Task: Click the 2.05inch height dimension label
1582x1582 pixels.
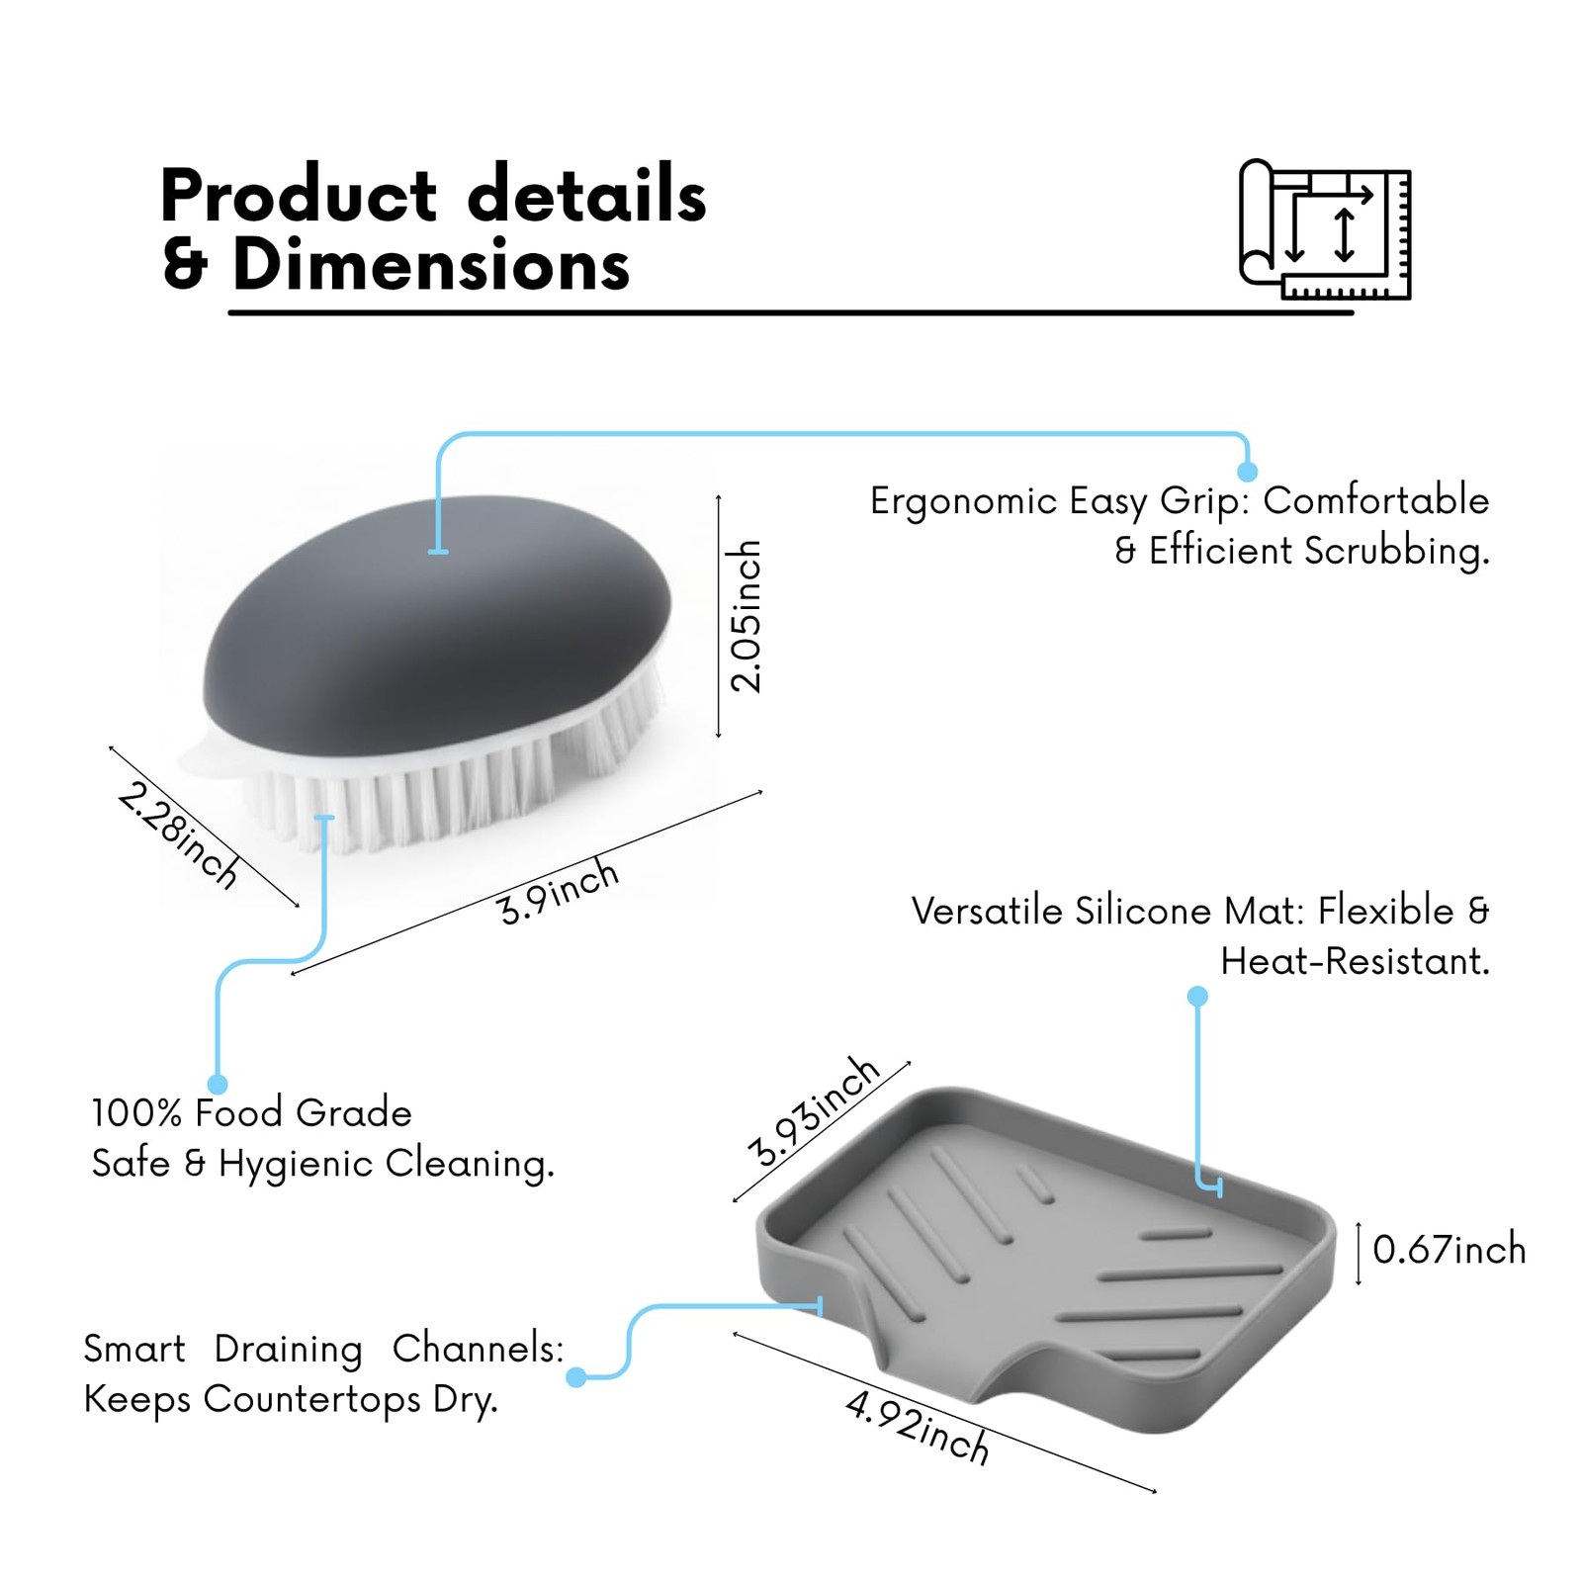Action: pos(745,616)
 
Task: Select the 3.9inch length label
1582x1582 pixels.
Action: pos(559,892)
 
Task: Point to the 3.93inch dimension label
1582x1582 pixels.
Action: pos(813,1111)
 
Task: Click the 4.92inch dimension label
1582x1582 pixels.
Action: pos(918,1428)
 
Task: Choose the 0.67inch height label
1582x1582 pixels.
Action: pos(1449,1250)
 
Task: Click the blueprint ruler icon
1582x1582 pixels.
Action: pos(1325,229)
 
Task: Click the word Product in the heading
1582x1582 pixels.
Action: pos(298,196)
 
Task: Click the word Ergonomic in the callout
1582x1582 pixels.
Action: pos(963,502)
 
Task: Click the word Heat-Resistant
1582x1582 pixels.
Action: pos(1355,961)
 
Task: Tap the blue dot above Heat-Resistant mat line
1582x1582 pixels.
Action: pos(1197,996)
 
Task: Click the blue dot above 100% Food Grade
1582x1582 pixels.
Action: pos(218,1084)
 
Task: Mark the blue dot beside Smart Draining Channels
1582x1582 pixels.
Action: pos(576,1376)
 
